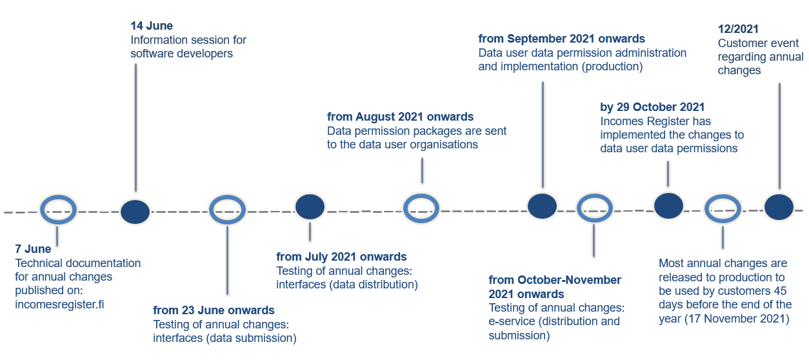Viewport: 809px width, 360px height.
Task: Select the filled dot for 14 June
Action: click(x=135, y=212)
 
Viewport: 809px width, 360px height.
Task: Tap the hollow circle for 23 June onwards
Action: click(x=226, y=210)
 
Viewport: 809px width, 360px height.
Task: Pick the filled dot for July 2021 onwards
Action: click(x=310, y=206)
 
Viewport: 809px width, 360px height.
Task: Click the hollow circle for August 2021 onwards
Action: click(x=421, y=208)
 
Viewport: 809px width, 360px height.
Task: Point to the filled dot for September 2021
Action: click(x=542, y=206)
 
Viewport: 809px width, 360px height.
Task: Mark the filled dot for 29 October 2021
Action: click(x=668, y=206)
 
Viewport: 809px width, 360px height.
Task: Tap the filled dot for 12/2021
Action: click(x=779, y=207)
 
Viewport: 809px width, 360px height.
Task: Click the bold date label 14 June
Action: click(x=152, y=26)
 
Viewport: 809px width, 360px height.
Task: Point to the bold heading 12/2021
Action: click(x=739, y=29)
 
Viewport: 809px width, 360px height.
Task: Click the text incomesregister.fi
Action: click(x=59, y=305)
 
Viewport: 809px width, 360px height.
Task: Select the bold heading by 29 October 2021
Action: click(x=652, y=107)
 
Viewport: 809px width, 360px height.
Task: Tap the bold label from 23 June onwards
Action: click(x=214, y=310)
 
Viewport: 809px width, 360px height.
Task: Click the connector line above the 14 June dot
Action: click(x=135, y=129)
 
